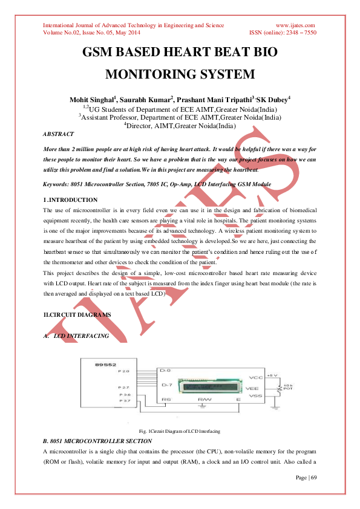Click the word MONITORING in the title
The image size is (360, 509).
tap(149, 75)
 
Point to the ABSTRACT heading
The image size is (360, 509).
tap(59, 134)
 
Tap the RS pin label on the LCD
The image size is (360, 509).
tap(167, 400)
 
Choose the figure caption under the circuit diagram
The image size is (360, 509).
tap(179, 431)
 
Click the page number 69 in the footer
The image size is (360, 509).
tap(313, 478)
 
